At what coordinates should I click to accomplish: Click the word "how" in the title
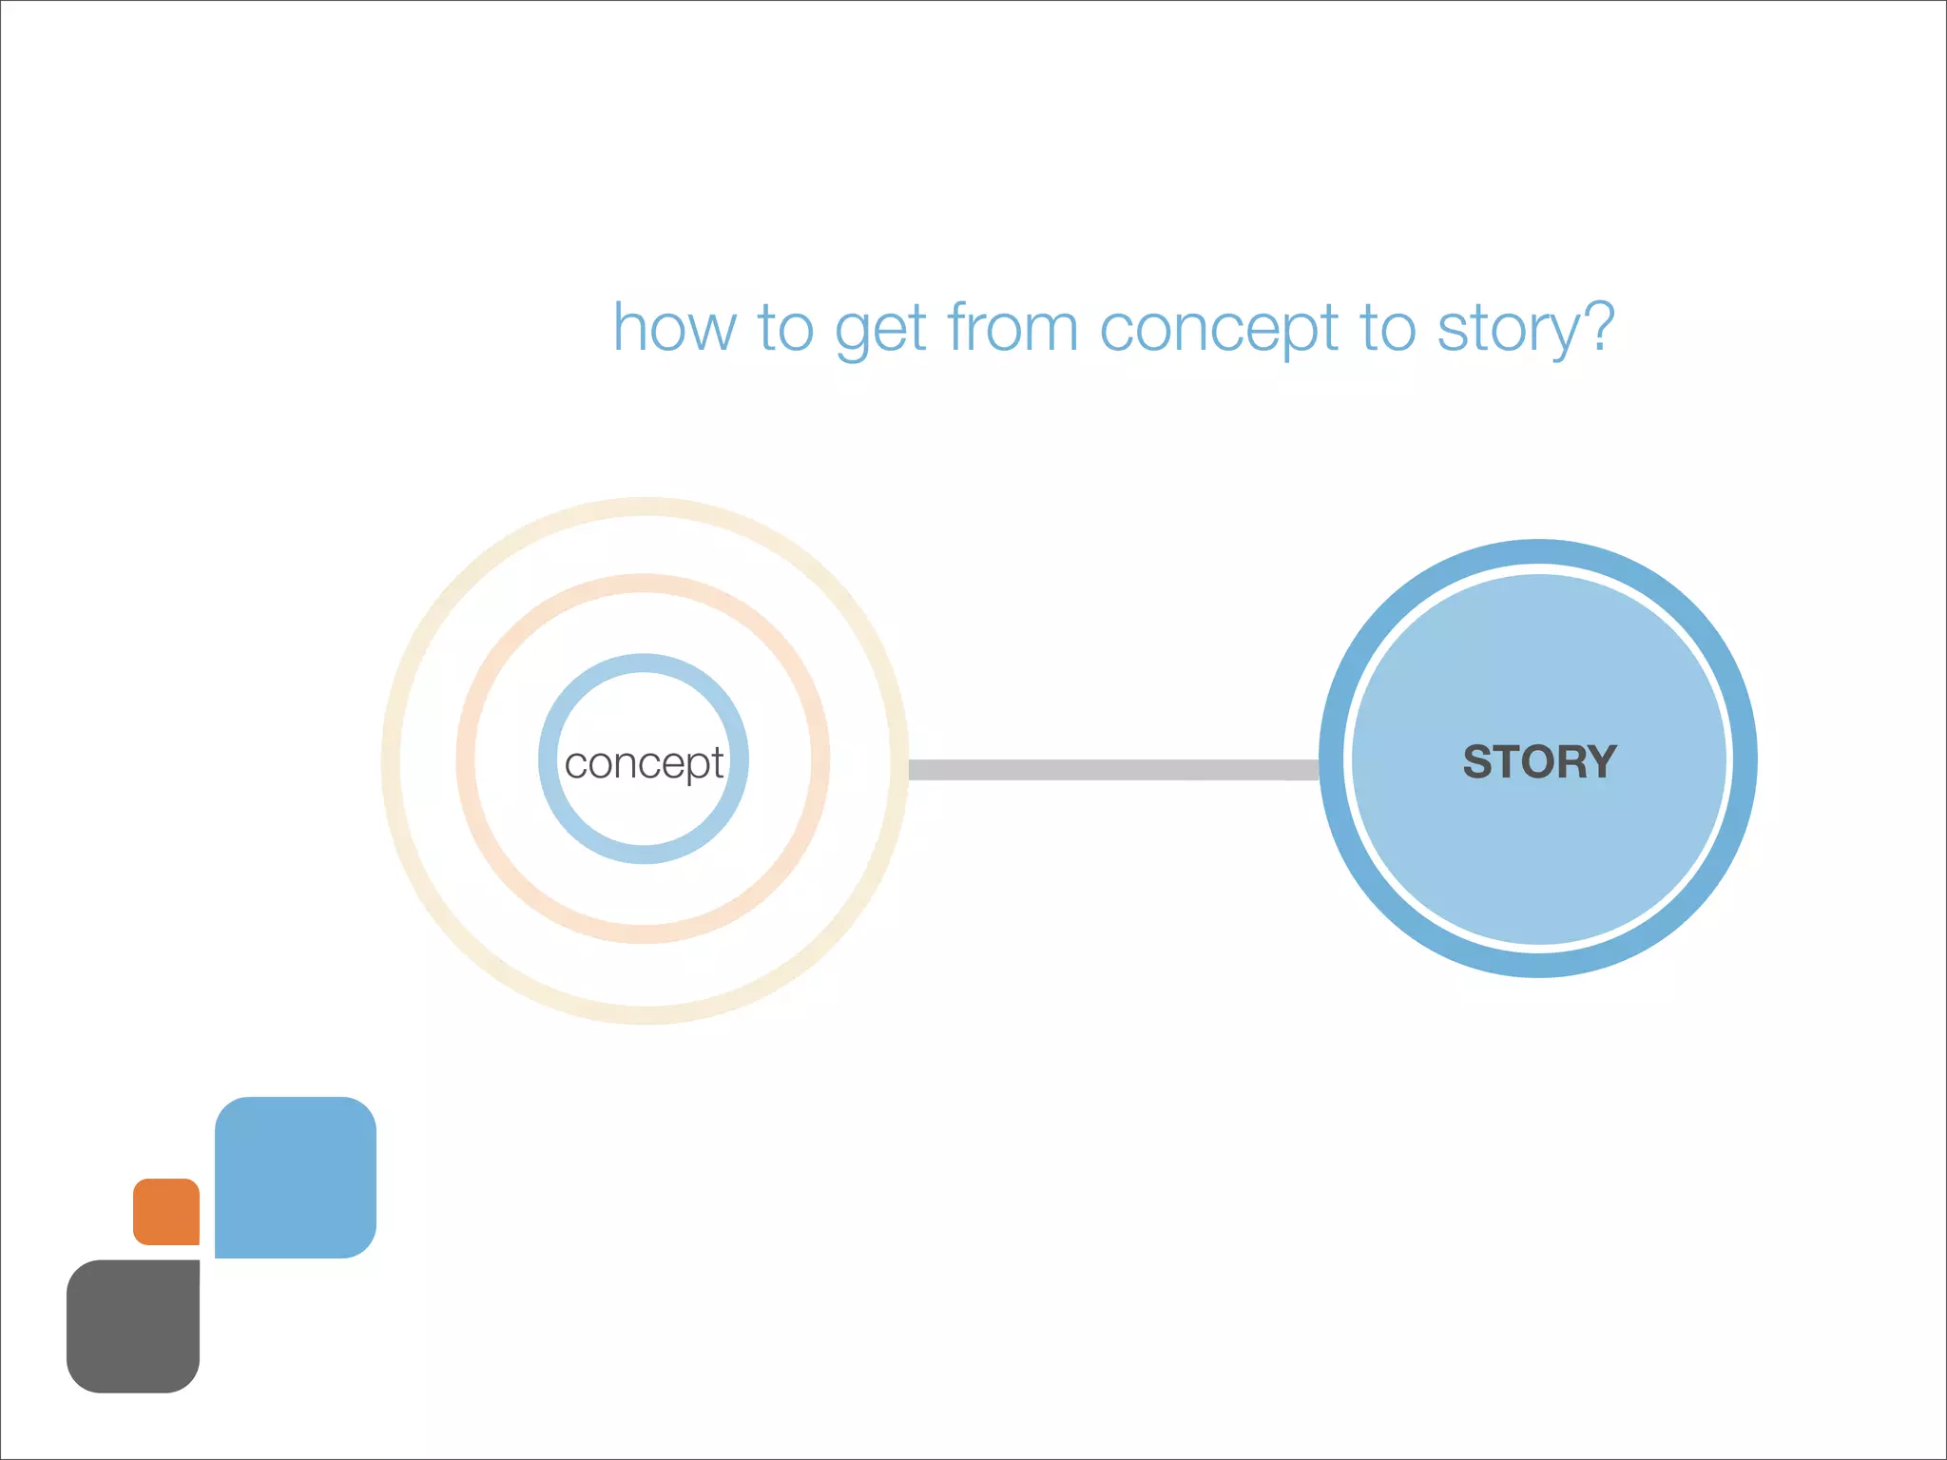(x=674, y=328)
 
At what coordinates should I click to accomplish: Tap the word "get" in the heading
(x=879, y=331)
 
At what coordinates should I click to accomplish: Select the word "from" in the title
(x=1012, y=328)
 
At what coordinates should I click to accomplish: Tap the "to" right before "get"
(x=785, y=329)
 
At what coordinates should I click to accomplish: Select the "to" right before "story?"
(x=1388, y=329)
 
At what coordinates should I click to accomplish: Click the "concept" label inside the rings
(x=644, y=763)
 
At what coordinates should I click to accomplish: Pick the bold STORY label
(x=1539, y=761)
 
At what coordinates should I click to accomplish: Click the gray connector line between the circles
(x=1112, y=770)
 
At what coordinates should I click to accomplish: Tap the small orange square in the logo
(x=166, y=1212)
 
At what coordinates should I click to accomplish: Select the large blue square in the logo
(x=296, y=1177)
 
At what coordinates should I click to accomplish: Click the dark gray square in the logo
(x=133, y=1327)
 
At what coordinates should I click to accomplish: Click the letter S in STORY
(x=1477, y=761)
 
